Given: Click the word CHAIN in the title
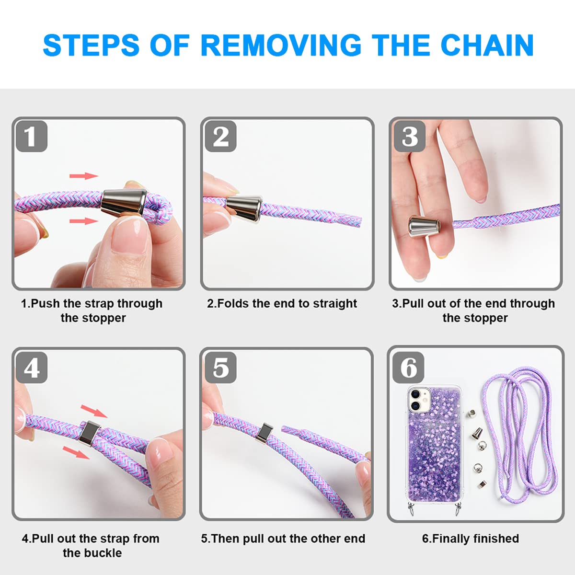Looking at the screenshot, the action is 487,45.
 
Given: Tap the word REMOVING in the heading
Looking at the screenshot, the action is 281,45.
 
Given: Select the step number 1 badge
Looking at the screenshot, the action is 32,137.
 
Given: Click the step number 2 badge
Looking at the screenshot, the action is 221,137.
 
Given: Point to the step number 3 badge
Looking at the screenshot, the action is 410,137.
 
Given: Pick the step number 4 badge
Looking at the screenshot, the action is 32,368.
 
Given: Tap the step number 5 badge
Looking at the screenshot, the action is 221,368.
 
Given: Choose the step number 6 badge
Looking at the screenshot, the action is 408,368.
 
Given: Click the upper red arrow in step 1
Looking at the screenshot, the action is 84,175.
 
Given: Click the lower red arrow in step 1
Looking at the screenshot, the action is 84,221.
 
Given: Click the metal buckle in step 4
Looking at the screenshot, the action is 90,433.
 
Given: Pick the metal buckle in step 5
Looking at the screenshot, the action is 264,433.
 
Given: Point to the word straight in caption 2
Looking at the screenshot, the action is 334,304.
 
